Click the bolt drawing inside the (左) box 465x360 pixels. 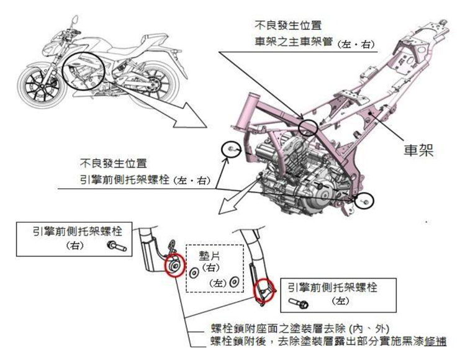(x=299, y=304)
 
